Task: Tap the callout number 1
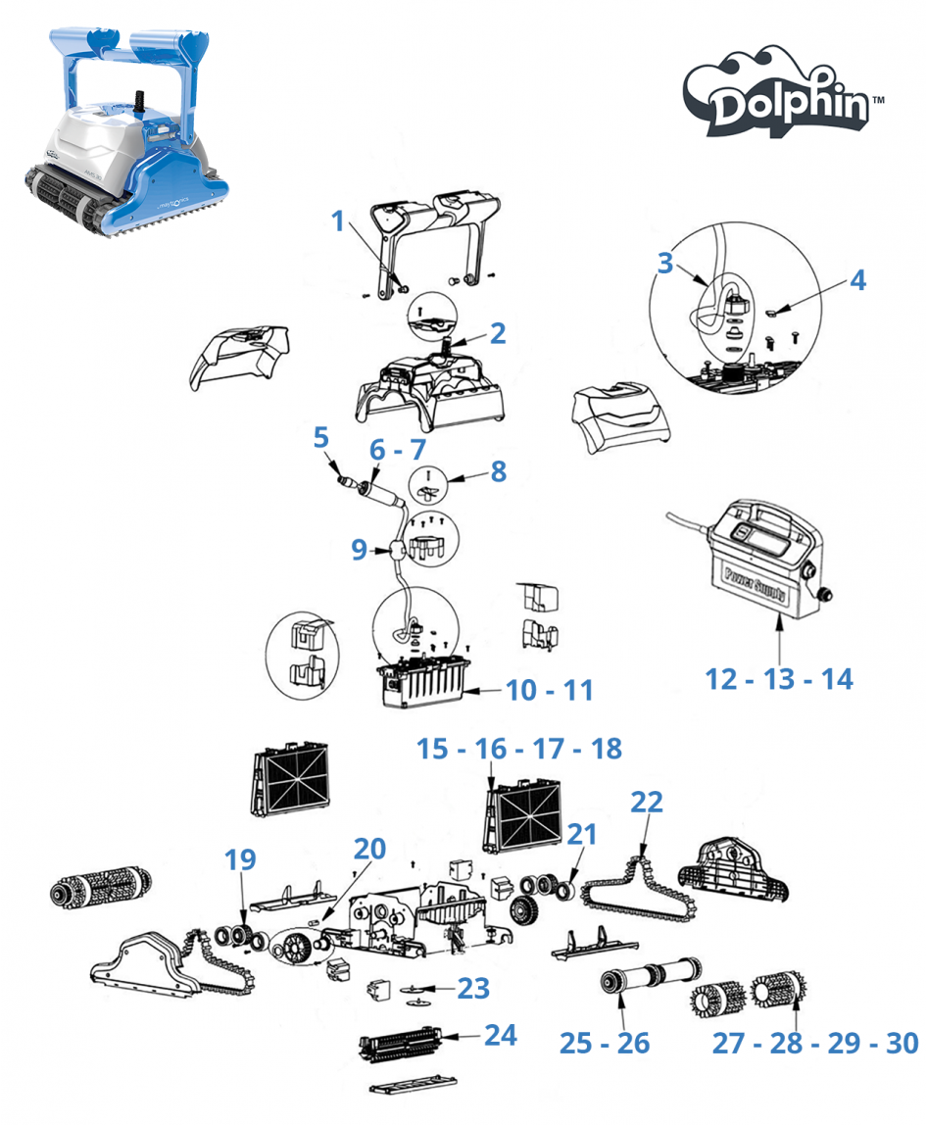(339, 220)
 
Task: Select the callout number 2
(498, 333)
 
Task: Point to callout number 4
(857, 280)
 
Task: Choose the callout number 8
(498, 471)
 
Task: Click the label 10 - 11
(550, 690)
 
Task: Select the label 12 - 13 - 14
(779, 678)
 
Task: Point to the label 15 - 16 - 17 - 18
(518, 749)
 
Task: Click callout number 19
(239, 860)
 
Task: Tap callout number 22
(647, 802)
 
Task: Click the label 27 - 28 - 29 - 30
(815, 1043)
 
